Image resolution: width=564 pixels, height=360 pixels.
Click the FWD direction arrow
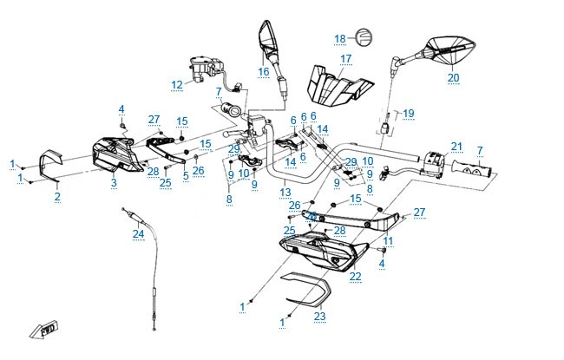click(44, 329)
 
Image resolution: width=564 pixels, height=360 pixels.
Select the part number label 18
click(340, 39)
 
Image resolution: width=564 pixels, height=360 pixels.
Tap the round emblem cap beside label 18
click(364, 36)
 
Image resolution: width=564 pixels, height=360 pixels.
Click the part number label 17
click(345, 59)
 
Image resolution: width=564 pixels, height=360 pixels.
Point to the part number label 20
click(453, 78)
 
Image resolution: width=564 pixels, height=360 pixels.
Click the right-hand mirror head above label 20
click(449, 49)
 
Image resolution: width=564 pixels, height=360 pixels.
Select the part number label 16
click(263, 72)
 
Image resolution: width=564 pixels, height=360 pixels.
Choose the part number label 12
click(177, 85)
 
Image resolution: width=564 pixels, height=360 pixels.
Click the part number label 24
click(138, 233)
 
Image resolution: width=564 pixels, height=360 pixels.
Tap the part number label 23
click(319, 316)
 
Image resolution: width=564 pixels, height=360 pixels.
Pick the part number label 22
click(355, 277)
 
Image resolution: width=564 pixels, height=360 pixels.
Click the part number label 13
click(285, 192)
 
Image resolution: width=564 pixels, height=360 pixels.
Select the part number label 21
click(456, 147)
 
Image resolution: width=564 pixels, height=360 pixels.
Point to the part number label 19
click(409, 114)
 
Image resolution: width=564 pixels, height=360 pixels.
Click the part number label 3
click(114, 183)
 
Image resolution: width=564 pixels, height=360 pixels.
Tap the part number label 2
click(57, 196)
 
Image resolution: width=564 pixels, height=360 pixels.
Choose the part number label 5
click(186, 175)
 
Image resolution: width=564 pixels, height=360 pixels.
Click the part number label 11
click(388, 241)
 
